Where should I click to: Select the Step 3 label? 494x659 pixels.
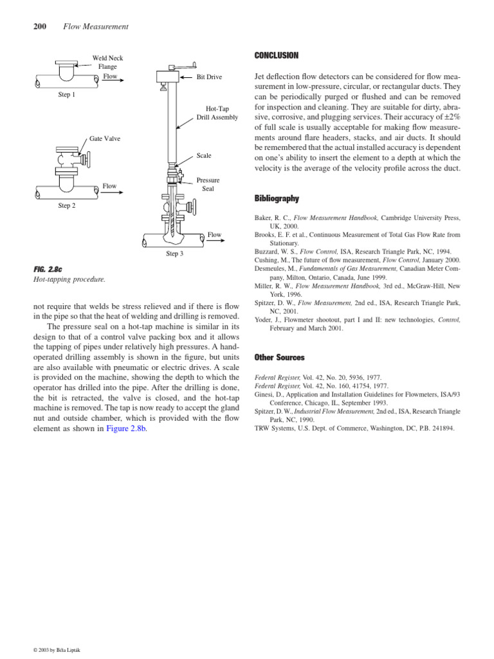(x=175, y=254)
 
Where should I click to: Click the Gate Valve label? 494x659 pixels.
(x=104, y=139)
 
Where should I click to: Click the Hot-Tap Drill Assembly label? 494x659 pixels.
(x=217, y=113)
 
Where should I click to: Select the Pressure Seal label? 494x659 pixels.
(x=208, y=185)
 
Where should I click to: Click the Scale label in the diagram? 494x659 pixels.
(x=204, y=156)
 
